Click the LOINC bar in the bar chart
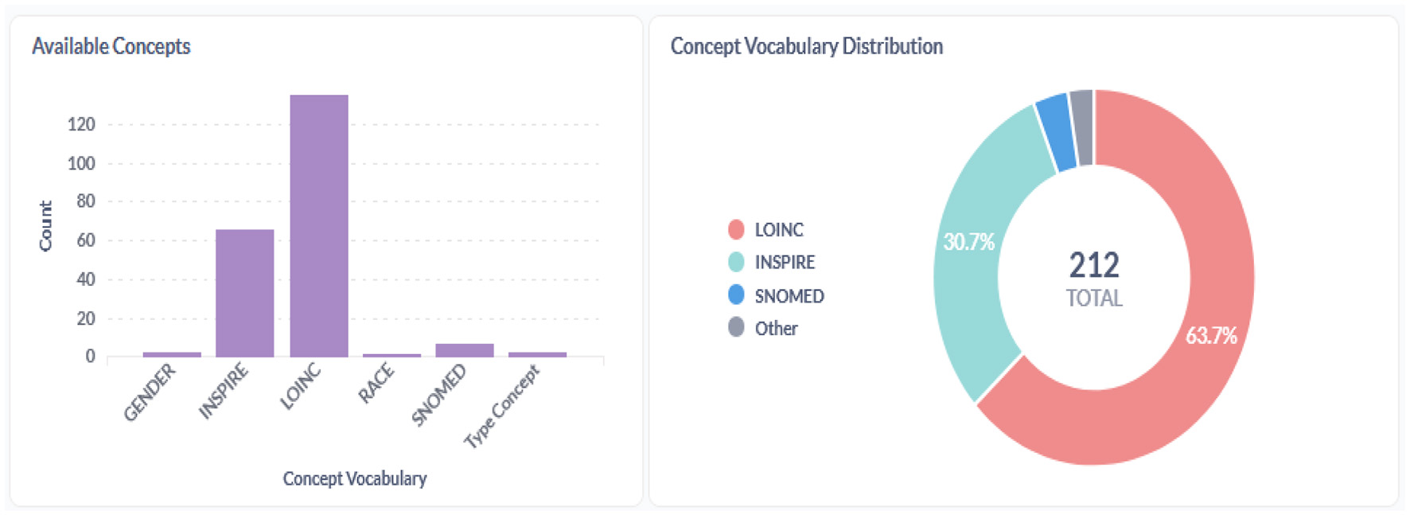[x=319, y=227]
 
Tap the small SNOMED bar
[x=465, y=350]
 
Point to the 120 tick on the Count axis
[x=82, y=124]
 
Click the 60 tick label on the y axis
[x=85, y=240]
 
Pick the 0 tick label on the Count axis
[x=91, y=357]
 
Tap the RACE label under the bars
[x=376, y=383]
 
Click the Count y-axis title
[x=45, y=226]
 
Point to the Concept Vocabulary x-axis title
[x=355, y=478]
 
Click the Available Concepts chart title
[x=111, y=46]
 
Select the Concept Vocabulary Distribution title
[x=806, y=46]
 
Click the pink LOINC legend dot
[x=736, y=230]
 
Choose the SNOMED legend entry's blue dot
[x=736, y=295]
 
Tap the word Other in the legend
[x=776, y=328]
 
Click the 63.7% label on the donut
[x=1211, y=335]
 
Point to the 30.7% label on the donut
[x=968, y=241]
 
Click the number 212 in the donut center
[x=1094, y=265]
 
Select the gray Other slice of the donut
[x=1081, y=127]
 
